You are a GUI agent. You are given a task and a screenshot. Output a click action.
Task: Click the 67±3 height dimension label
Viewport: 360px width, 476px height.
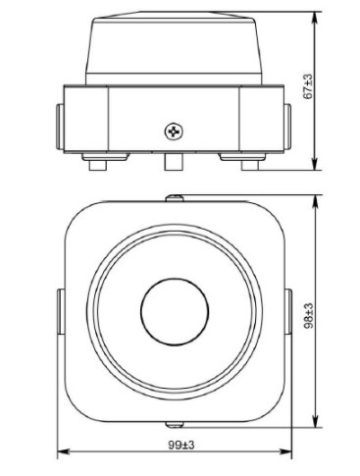pyautogui.click(x=308, y=86)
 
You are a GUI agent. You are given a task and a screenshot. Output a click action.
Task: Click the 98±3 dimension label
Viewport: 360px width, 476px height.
pyautogui.click(x=308, y=316)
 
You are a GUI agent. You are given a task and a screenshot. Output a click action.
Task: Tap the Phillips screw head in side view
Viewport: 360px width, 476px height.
pyautogui.click(x=174, y=132)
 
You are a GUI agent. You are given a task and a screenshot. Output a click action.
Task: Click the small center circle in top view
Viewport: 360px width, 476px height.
pyautogui.click(x=175, y=312)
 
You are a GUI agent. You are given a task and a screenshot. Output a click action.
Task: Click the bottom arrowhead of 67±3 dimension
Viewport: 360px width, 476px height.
pyautogui.click(x=315, y=164)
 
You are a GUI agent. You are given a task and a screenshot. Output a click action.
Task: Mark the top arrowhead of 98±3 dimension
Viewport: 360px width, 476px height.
pyautogui.click(x=315, y=201)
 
